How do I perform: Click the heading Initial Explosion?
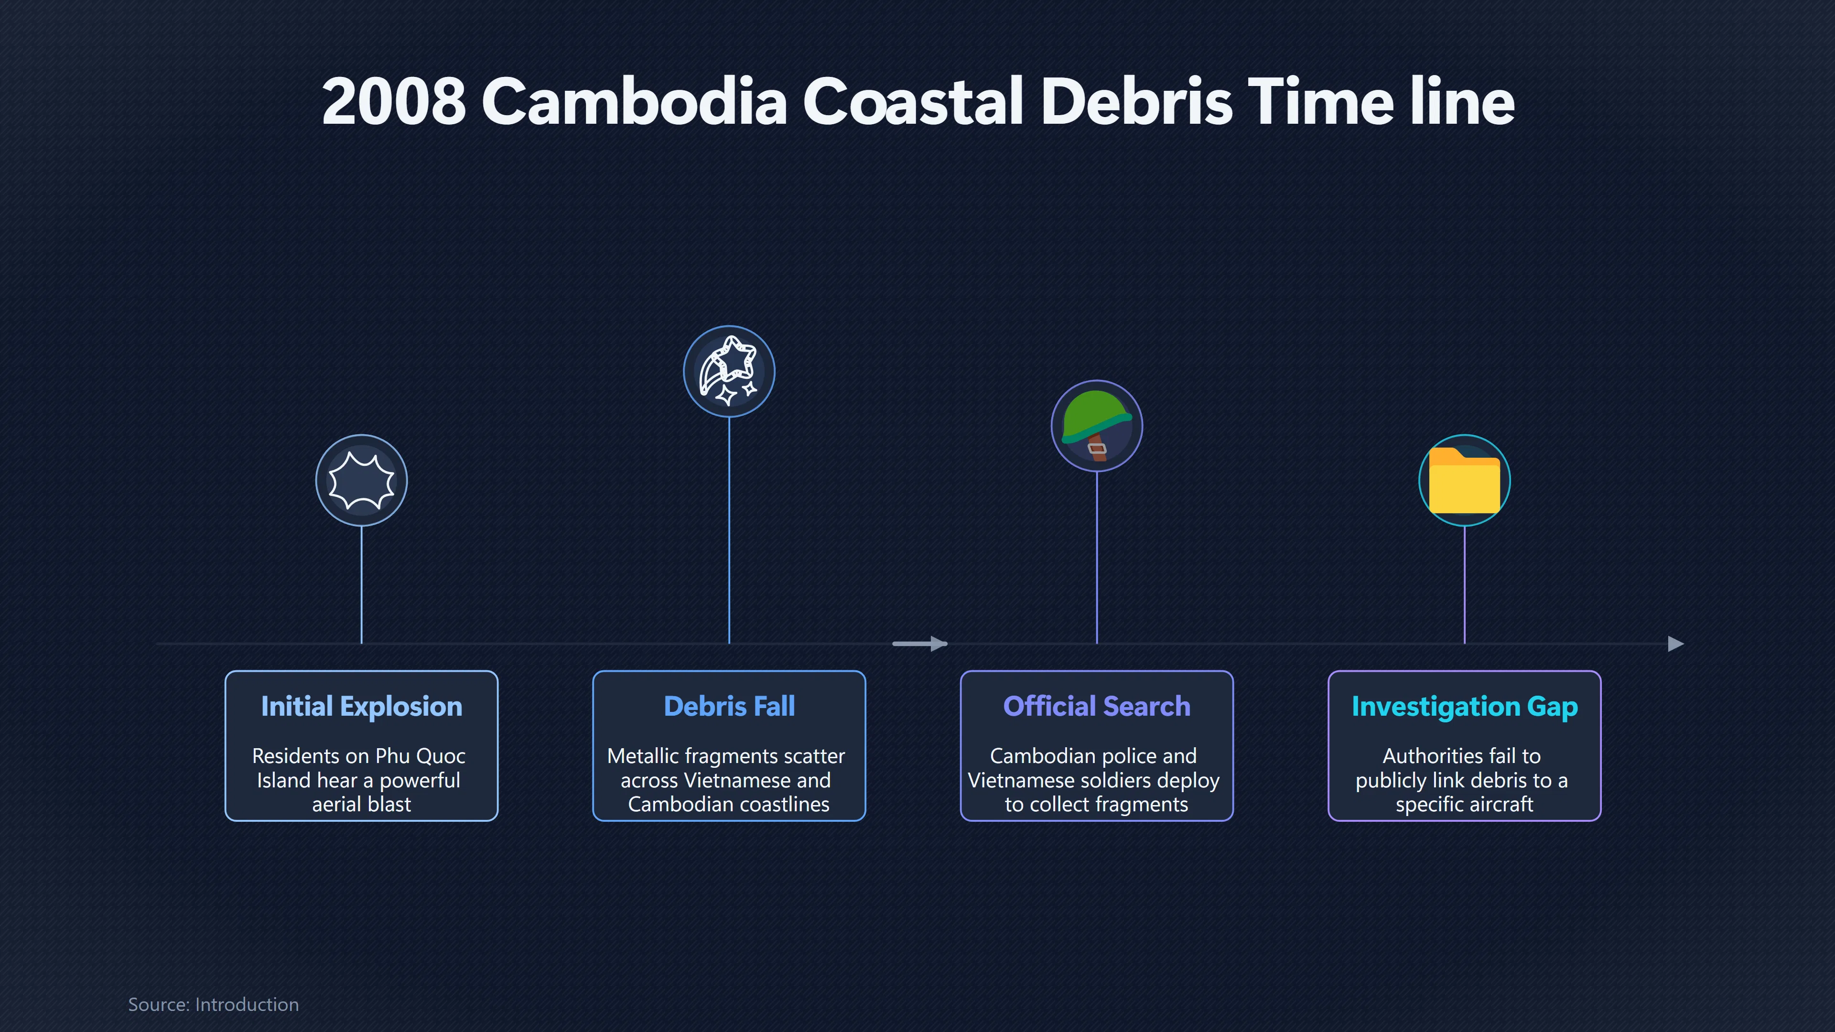coord(361,707)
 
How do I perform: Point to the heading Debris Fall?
coord(729,707)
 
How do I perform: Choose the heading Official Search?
coord(1096,707)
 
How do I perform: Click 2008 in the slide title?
coord(394,102)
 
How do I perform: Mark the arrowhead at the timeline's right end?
coord(1676,644)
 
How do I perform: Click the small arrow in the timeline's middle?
coord(919,644)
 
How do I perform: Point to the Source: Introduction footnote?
coord(213,1004)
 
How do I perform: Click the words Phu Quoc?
coord(421,756)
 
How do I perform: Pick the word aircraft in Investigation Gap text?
coord(1499,805)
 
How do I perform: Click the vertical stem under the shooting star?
coord(729,531)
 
